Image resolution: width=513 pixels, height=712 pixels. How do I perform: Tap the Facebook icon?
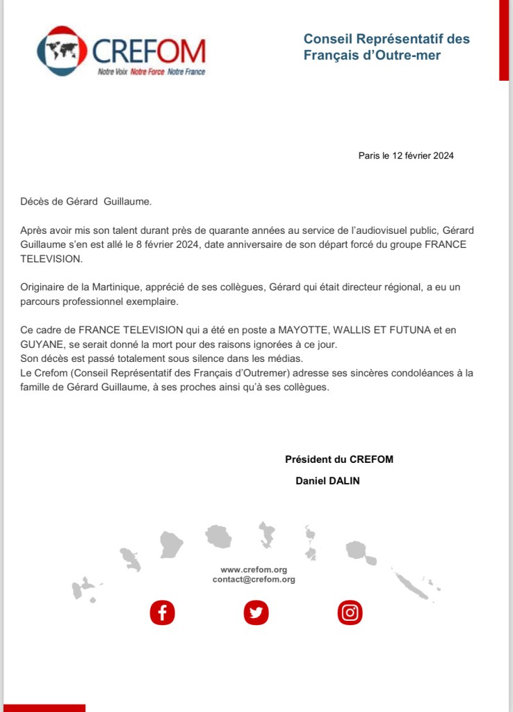tap(163, 612)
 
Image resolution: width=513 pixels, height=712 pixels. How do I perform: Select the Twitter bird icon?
tap(256, 612)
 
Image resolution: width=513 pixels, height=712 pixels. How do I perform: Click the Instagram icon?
tap(350, 612)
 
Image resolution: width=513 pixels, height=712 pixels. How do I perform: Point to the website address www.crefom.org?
tap(254, 569)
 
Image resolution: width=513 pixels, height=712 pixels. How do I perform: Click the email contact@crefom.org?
tap(254, 579)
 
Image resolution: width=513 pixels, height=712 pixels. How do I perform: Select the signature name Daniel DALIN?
tap(328, 480)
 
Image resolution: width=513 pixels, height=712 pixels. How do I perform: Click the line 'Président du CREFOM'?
tap(339, 459)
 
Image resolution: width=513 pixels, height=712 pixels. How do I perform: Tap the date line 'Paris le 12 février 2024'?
tap(406, 156)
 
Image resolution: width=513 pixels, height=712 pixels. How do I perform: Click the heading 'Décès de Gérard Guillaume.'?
tap(85, 202)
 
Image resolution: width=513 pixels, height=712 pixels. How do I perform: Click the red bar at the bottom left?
tap(43, 708)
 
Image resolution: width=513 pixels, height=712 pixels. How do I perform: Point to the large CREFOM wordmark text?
tap(149, 50)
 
